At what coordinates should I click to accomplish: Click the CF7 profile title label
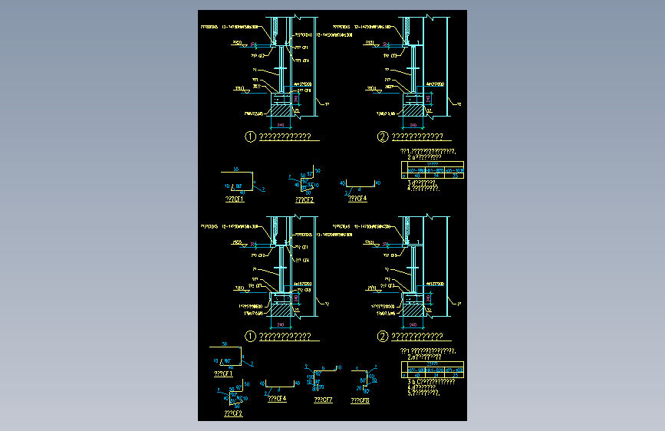click(x=323, y=400)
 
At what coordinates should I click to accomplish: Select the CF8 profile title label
click(x=359, y=400)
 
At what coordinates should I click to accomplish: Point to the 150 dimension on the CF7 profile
click(x=310, y=378)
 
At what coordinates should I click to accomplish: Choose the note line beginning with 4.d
click(x=421, y=387)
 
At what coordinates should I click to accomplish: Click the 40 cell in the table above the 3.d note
click(x=418, y=176)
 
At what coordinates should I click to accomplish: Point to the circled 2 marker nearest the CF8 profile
click(x=383, y=336)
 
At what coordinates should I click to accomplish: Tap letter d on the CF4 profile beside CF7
click(x=278, y=389)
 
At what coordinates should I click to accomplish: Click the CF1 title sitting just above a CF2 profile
click(x=222, y=374)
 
